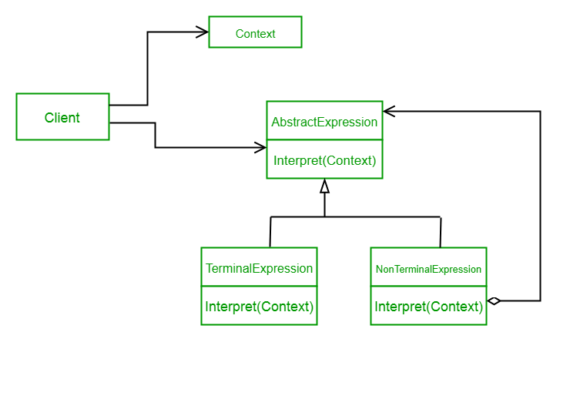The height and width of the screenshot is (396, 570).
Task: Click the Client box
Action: click(x=62, y=117)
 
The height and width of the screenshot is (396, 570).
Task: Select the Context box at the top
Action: click(x=255, y=32)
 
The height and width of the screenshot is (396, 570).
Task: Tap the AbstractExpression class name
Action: click(x=324, y=122)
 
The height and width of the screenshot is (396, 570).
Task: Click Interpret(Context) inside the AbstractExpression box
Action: click(x=324, y=160)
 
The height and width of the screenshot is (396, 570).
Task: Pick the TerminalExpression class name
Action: click(x=259, y=268)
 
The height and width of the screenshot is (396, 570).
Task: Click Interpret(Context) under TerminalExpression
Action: click(x=259, y=306)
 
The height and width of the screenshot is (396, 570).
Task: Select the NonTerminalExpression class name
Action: click(x=428, y=269)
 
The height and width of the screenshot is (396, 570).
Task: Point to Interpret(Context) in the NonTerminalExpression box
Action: click(x=428, y=306)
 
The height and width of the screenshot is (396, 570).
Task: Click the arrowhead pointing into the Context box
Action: click(x=203, y=32)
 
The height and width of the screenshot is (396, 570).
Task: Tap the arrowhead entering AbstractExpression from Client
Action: click(x=260, y=147)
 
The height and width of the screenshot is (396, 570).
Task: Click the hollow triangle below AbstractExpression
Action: click(x=324, y=186)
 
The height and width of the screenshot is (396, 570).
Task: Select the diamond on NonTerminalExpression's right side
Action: click(x=494, y=300)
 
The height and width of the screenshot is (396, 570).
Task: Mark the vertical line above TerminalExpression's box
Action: click(x=270, y=232)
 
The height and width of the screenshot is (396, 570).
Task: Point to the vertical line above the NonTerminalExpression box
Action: click(x=441, y=232)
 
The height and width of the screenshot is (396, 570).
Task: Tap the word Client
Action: click(x=62, y=118)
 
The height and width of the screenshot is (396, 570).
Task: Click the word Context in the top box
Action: click(x=255, y=33)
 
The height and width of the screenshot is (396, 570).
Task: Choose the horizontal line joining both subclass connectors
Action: click(x=355, y=217)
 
